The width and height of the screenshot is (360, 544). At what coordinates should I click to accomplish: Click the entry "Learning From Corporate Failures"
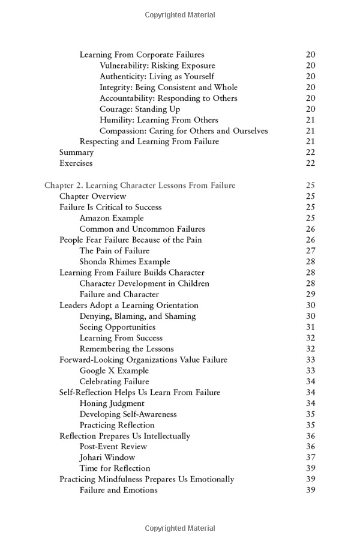142,55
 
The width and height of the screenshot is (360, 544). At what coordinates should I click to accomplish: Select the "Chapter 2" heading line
140,186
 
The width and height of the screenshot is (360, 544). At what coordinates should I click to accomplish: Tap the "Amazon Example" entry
112,218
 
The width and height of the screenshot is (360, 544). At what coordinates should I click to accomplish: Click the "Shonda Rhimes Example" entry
124,262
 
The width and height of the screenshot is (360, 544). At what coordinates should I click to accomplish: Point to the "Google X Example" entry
113,370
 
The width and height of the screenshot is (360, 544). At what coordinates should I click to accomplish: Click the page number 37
310,458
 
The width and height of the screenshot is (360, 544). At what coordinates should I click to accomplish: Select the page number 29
310,294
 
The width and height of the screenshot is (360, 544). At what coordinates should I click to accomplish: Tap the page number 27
310,251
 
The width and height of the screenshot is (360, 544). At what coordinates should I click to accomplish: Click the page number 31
310,327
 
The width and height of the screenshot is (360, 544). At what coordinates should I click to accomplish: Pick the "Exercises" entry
76,163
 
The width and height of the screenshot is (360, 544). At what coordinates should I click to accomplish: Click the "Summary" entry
76,153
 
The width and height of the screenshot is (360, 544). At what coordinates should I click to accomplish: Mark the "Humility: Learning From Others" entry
159,120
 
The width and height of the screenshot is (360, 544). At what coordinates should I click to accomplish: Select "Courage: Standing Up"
140,109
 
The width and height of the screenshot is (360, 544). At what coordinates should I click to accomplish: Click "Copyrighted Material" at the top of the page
180,15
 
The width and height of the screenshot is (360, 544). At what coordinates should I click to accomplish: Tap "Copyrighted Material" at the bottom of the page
180,528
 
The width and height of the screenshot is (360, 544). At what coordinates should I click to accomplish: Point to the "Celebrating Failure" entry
114,381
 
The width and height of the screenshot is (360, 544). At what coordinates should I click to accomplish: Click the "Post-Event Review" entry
113,447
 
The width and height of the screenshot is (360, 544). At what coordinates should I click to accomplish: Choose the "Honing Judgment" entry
112,403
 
